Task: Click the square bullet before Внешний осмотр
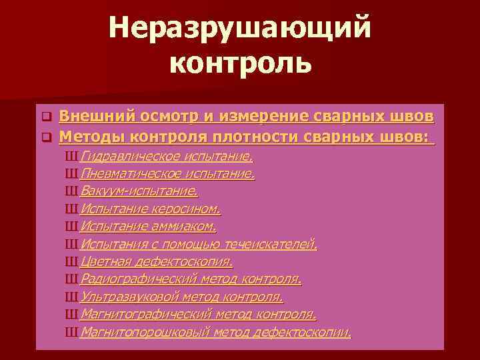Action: pos(47,117)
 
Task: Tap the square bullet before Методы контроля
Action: pos(47,139)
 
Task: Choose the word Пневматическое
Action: pos(127,175)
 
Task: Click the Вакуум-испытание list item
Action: pos(139,192)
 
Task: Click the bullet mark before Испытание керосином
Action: pos(72,209)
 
